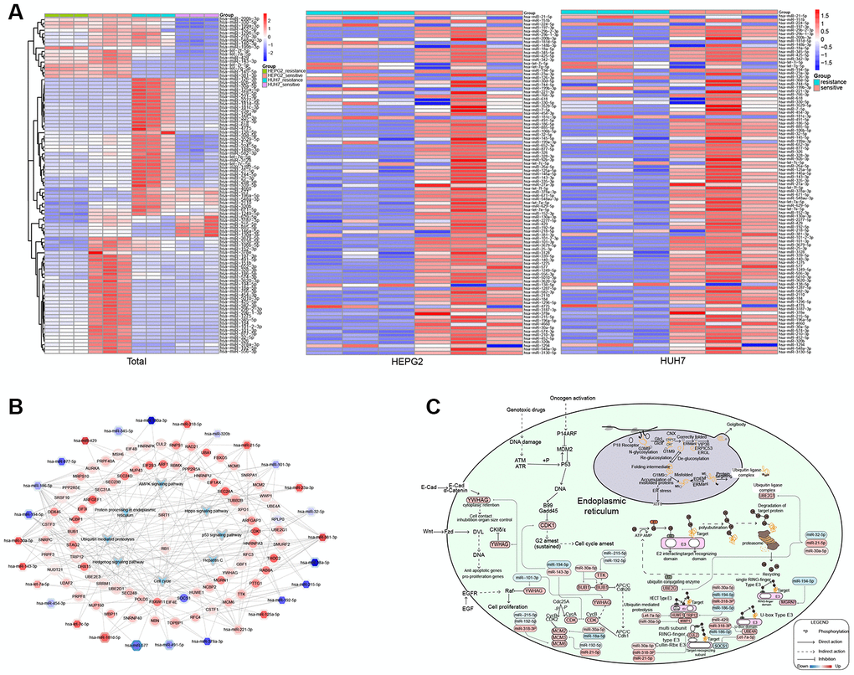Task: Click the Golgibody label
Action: point(735,425)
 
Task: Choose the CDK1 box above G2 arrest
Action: point(548,525)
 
